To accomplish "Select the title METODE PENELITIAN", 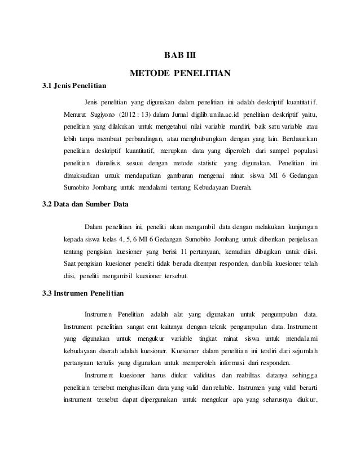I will coord(179,73).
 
